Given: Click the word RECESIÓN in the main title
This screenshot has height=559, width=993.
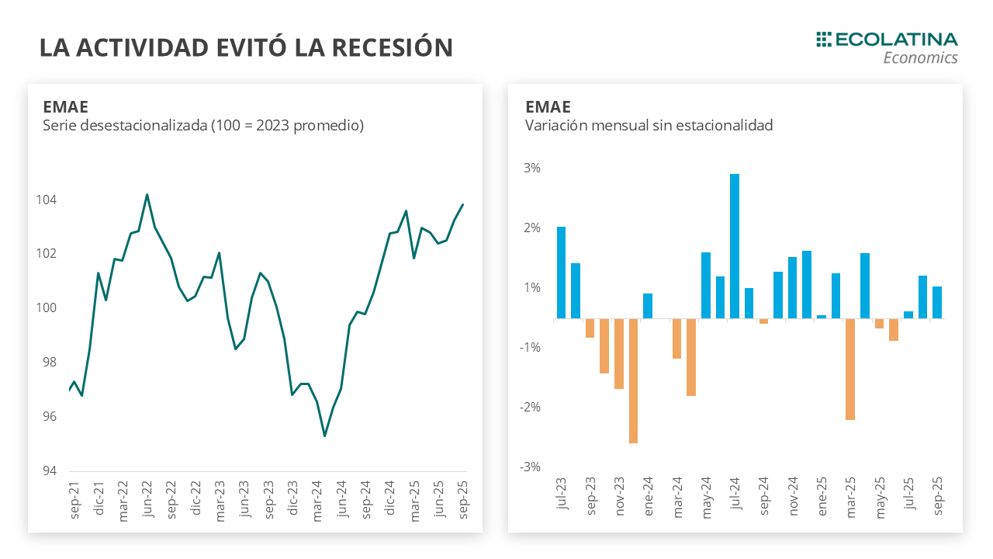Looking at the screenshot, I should pyautogui.click(x=392, y=47).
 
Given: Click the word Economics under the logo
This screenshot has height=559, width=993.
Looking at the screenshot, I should pyautogui.click(x=920, y=58).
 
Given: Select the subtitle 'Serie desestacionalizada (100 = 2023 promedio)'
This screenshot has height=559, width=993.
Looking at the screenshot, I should pyautogui.click(x=203, y=125).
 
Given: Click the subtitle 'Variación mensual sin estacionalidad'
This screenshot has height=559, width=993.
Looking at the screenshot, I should pyautogui.click(x=649, y=125).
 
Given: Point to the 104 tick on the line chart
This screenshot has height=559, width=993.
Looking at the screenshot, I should pyautogui.click(x=47, y=200).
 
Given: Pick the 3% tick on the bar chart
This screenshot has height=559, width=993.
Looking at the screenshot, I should pyautogui.click(x=531, y=168).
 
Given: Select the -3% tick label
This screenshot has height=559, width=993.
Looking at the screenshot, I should pyautogui.click(x=530, y=467).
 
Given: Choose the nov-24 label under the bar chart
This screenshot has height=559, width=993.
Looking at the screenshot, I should pyautogui.click(x=794, y=494).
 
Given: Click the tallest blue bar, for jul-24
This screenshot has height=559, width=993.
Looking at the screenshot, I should pyautogui.click(x=735, y=246).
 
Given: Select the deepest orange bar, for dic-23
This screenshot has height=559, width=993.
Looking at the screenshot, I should pyautogui.click(x=633, y=380).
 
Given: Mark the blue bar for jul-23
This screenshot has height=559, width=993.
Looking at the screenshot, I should pyautogui.click(x=561, y=273).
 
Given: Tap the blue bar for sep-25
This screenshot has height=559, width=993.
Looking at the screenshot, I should pyautogui.click(x=937, y=303).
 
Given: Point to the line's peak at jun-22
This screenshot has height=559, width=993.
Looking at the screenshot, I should pyautogui.click(x=147, y=195).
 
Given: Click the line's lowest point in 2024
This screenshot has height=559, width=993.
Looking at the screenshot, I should pyautogui.click(x=324, y=436).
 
